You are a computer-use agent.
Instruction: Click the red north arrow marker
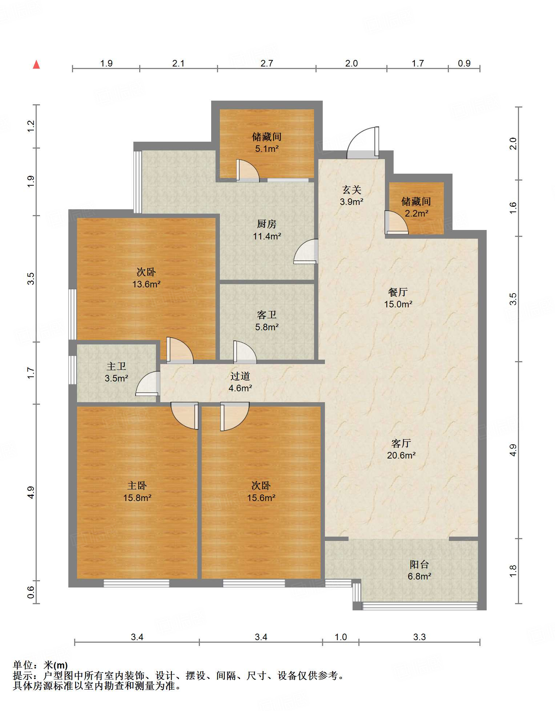point(36,64)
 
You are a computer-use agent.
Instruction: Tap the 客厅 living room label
point(401,443)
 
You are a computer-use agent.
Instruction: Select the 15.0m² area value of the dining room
point(398,304)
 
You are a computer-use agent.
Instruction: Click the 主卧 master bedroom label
point(137,486)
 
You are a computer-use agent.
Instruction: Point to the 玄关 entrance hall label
point(351,190)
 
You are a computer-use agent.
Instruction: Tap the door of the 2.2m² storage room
point(397,222)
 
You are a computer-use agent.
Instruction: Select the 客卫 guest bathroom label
point(266,315)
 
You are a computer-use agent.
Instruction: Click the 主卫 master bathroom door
point(148,383)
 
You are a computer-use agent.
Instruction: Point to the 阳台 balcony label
point(419,564)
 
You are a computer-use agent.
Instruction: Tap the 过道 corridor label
point(240,376)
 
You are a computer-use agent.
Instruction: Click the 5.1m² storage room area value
point(267,149)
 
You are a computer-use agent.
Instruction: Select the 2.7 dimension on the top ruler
point(266,63)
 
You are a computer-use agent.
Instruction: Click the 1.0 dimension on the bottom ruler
point(341,637)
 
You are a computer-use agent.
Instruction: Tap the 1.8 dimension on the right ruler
point(512,571)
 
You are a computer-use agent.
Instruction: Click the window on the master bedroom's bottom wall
point(136,583)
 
